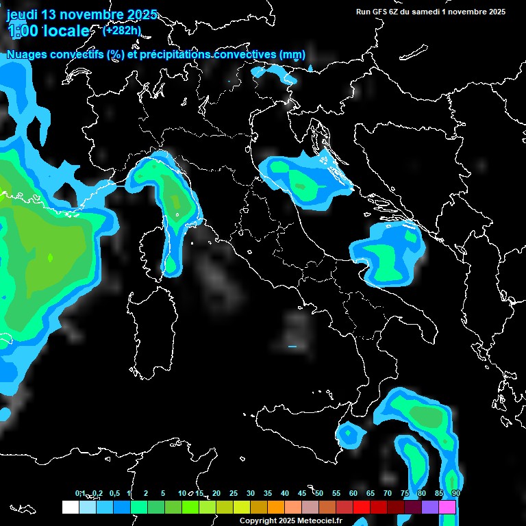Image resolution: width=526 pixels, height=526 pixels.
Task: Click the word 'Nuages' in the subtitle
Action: coord(26,55)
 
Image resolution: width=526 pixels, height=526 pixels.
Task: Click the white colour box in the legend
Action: coord(70,508)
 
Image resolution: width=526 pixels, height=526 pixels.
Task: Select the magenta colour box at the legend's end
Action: coord(447,508)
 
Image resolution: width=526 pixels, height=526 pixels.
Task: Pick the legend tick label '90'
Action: coord(455,493)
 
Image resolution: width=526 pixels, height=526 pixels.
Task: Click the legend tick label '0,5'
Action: coord(114,493)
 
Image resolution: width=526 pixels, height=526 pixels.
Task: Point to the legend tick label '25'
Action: coord(234,493)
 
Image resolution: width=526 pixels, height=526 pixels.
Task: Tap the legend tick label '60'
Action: coord(353,493)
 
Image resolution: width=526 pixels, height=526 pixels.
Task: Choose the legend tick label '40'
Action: coord(285,493)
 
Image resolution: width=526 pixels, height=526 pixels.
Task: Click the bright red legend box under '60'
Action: coord(362,508)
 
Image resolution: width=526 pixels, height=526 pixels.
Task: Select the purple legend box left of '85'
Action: coord(430,508)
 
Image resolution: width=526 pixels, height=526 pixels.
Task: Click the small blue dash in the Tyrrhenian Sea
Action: coord(292,347)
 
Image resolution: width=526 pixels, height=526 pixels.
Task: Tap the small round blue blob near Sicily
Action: coord(349,434)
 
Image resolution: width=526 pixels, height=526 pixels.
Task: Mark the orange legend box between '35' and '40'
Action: coord(276,508)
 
